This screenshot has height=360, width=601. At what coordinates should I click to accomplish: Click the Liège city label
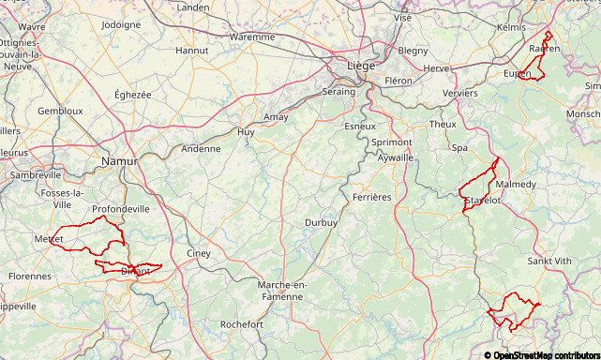point(361,66)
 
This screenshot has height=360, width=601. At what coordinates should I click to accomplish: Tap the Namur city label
point(119,162)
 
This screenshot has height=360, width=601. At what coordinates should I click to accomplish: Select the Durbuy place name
point(321,223)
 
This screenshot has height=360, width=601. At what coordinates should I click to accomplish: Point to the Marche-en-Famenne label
point(281,291)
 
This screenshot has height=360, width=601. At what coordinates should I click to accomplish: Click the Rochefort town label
point(241,324)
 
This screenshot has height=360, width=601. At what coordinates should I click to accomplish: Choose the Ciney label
point(199,254)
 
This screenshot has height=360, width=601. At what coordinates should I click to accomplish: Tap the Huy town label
point(246,133)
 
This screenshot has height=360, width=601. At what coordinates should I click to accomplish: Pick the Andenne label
point(201,149)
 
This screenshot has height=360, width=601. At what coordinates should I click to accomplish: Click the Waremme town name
point(252,37)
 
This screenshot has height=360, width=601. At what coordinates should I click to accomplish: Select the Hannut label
point(192,51)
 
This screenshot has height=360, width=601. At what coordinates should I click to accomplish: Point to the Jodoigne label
point(120,25)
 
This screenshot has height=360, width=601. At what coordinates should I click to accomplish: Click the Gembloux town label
point(60,111)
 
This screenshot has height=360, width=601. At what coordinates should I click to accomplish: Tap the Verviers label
point(459,94)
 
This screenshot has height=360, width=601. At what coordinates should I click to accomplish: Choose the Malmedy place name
point(516,185)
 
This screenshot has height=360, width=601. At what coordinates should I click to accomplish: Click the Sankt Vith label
point(549,262)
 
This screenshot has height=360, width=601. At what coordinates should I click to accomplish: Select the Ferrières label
point(372,198)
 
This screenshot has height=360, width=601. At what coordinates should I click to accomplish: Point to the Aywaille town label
point(395,158)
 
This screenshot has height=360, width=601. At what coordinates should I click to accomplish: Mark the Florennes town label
point(30,277)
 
